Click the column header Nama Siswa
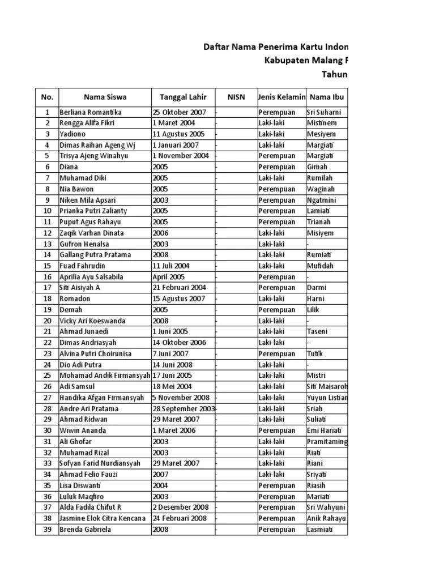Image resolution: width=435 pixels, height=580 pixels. click(105, 97)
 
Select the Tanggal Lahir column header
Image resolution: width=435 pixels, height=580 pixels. click(183, 97)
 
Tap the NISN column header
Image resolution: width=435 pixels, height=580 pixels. click(236, 97)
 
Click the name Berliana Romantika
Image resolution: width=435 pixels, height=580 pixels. click(91, 112)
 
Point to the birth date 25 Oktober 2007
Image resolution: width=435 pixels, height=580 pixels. click(179, 112)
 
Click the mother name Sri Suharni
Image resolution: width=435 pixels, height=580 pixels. click(324, 112)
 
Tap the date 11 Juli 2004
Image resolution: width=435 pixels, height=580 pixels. click(171, 266)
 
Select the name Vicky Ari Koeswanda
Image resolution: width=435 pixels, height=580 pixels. click(92, 321)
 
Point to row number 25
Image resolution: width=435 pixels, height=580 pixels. click(47, 376)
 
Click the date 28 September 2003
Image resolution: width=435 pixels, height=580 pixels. click(184, 408)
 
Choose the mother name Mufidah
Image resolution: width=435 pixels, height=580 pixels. click(321, 266)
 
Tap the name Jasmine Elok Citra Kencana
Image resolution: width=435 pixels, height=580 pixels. click(103, 518)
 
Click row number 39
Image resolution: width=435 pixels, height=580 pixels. click(47, 530)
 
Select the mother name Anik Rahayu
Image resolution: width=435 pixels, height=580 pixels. click(326, 518)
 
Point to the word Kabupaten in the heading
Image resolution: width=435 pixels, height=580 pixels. click(288, 61)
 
